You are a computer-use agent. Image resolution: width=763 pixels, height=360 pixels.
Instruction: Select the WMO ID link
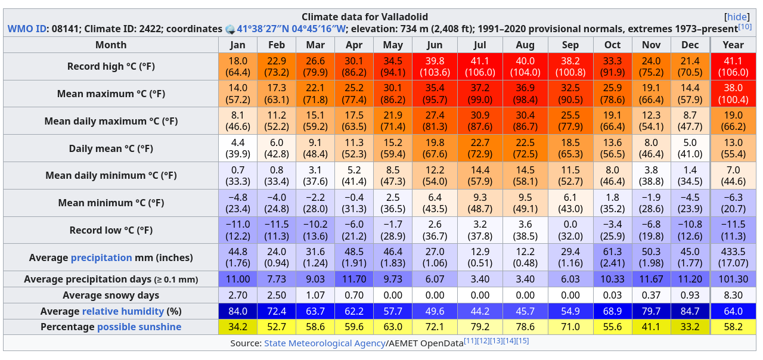tap(28, 29)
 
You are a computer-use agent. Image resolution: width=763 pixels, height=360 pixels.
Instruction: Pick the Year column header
tap(733, 45)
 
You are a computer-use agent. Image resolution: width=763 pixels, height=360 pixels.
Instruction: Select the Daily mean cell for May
tap(393, 148)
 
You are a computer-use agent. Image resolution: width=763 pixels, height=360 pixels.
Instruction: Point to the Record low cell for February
tap(277, 230)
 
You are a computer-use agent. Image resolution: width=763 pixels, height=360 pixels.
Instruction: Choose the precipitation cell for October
tap(612, 257)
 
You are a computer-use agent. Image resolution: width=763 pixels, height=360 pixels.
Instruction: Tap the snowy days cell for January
tap(237, 295)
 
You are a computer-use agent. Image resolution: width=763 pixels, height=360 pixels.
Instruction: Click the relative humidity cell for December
tap(690, 311)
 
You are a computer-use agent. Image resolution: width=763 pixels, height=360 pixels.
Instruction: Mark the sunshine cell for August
tap(525, 327)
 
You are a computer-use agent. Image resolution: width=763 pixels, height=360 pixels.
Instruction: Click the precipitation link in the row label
tap(101, 257)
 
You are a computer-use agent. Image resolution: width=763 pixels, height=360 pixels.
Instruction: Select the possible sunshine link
tap(139, 327)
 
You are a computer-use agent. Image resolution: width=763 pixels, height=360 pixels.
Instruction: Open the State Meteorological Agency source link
tap(324, 343)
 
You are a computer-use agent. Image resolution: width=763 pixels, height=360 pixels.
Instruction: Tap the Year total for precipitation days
tap(733, 279)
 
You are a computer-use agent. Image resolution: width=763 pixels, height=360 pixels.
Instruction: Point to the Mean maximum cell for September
tap(570, 94)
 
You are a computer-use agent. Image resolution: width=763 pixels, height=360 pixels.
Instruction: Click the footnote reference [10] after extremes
tap(745, 27)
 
